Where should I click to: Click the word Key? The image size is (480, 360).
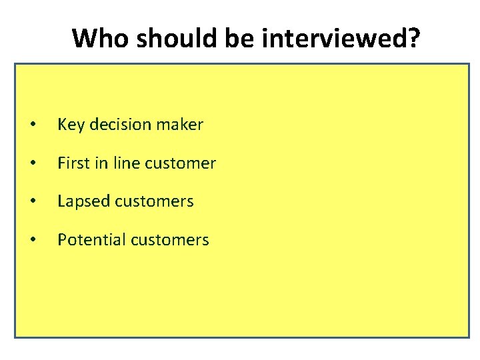pyautogui.click(x=69, y=125)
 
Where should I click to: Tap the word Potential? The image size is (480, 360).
pyautogui.click(x=88, y=239)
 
